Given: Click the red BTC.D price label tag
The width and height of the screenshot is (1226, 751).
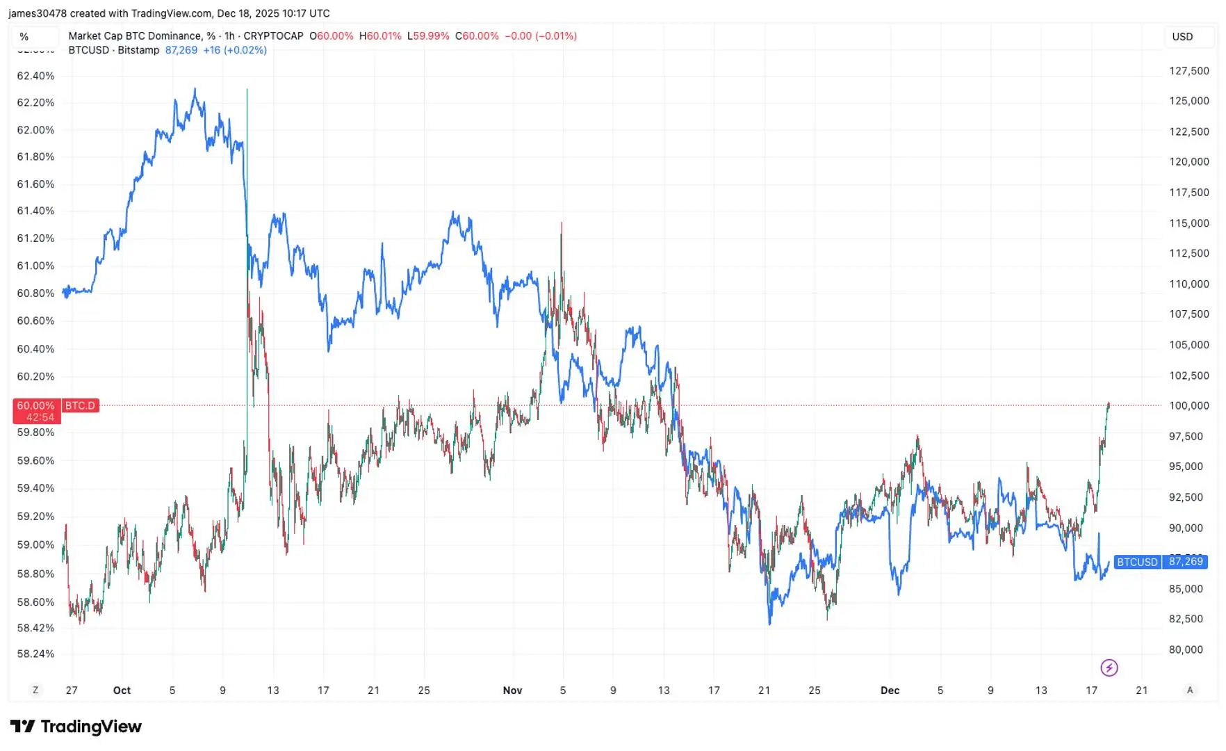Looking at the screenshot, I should (x=81, y=405).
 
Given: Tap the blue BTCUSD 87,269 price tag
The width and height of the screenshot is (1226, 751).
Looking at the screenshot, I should (x=1160, y=562).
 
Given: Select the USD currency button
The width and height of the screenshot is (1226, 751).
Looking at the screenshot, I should (x=1182, y=37).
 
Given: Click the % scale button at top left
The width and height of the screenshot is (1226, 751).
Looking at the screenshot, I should (x=24, y=37).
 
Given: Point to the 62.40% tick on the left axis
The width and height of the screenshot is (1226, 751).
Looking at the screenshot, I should (x=35, y=76).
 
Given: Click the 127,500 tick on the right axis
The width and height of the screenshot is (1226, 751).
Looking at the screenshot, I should (x=1189, y=71).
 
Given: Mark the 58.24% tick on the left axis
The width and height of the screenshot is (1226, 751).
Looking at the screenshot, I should (x=35, y=654).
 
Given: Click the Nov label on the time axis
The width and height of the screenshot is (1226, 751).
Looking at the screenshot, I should (x=512, y=691).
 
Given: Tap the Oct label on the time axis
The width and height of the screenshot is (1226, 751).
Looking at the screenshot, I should (x=122, y=691).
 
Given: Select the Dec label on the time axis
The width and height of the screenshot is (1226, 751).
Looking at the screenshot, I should (x=890, y=691).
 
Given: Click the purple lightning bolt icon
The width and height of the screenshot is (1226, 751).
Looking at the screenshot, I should (x=1109, y=668).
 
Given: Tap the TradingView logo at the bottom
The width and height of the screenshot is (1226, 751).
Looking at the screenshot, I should (x=76, y=727).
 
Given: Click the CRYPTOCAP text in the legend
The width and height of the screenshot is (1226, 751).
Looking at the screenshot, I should (x=273, y=36).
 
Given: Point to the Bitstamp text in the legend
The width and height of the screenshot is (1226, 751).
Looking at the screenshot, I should (x=138, y=50).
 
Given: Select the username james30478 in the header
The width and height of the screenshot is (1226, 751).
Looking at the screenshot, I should (x=38, y=13).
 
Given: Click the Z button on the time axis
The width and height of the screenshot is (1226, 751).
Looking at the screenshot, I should (x=35, y=691).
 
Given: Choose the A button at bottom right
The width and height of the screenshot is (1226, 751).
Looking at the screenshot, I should (x=1190, y=691).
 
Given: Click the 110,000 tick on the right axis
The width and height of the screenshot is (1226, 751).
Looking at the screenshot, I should (x=1189, y=284).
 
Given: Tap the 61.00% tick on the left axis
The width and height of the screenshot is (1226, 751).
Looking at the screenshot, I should (x=35, y=266).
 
